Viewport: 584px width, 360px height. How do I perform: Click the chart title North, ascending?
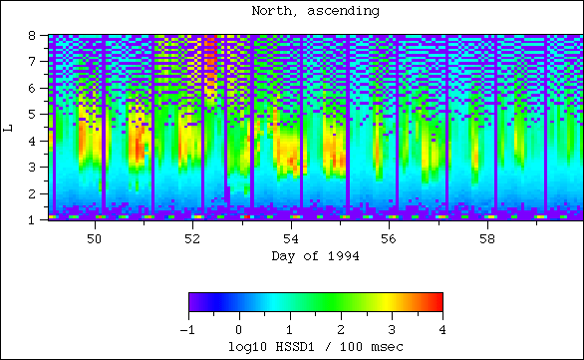(315, 11)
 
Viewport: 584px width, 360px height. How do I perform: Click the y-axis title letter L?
(9, 127)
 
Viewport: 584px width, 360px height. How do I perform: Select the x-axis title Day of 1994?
(315, 256)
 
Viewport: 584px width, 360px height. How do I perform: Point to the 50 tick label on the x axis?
(95, 239)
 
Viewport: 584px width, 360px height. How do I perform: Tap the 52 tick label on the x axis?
(193, 239)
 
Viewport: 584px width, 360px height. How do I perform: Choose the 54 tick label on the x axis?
(292, 239)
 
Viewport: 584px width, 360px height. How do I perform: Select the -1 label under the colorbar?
(187, 329)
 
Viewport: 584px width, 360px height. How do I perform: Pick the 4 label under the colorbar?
(441, 329)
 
